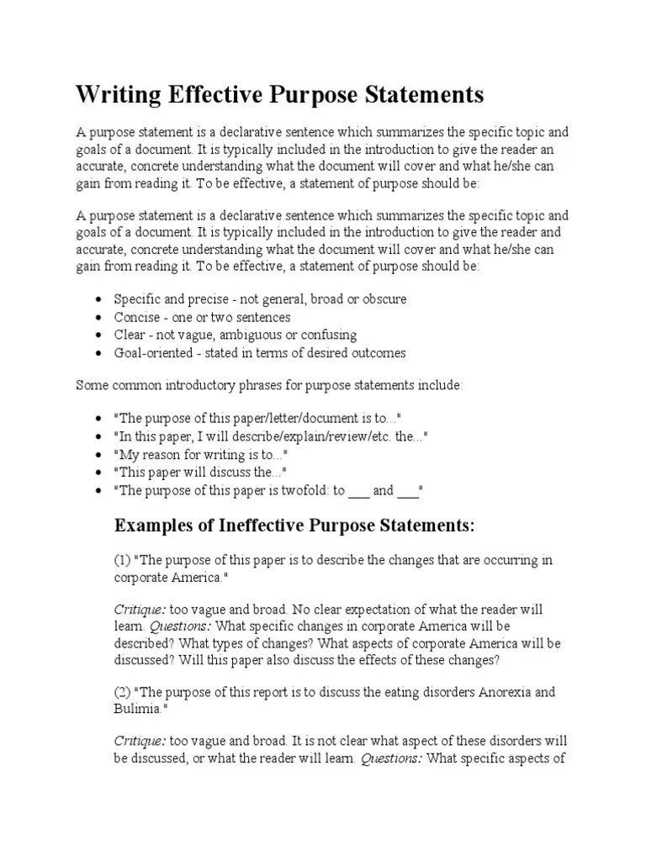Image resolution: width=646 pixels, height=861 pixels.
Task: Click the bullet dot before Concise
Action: click(x=99, y=318)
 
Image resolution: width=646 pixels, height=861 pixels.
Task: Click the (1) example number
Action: click(x=122, y=560)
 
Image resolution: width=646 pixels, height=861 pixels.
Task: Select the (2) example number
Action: click(x=122, y=692)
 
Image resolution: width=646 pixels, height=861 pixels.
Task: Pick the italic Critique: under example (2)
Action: click(x=140, y=741)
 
